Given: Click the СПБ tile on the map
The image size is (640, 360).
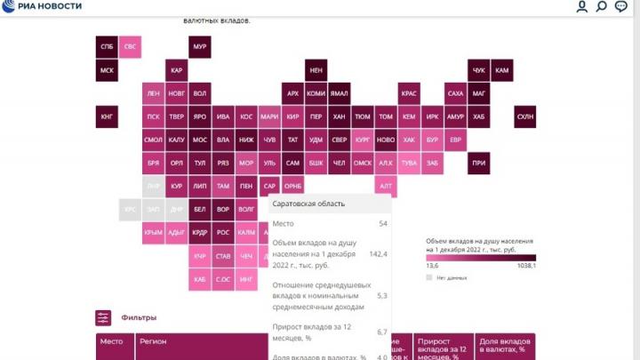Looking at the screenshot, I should point(107,46).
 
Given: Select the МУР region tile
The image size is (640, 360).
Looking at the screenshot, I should point(200,46).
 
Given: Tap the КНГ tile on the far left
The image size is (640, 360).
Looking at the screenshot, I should point(107,116).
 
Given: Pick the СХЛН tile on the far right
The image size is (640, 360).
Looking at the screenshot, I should point(525,116).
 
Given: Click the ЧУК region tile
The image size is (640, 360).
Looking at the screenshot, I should point(479,70).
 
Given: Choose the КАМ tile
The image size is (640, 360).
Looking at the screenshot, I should point(502,70).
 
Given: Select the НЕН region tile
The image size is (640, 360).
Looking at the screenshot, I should point(316,70).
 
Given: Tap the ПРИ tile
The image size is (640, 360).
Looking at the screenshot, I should point(479,163).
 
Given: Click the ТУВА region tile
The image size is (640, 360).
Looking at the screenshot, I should point(409,163).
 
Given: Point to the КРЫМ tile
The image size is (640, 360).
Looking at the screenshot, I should point(154,233).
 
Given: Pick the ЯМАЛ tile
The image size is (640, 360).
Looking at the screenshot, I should point(339,93).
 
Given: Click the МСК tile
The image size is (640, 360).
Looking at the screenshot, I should point(107,70).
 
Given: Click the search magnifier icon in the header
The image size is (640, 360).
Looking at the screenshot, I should point(602,7).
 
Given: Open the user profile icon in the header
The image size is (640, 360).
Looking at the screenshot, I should point(582,7).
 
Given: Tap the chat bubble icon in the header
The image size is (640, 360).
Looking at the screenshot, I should point(621,7).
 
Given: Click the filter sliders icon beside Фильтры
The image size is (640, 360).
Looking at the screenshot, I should point(104,317).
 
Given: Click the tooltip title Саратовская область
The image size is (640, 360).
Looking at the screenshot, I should point(308,204).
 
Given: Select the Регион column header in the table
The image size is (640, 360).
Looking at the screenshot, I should point(153,341).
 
